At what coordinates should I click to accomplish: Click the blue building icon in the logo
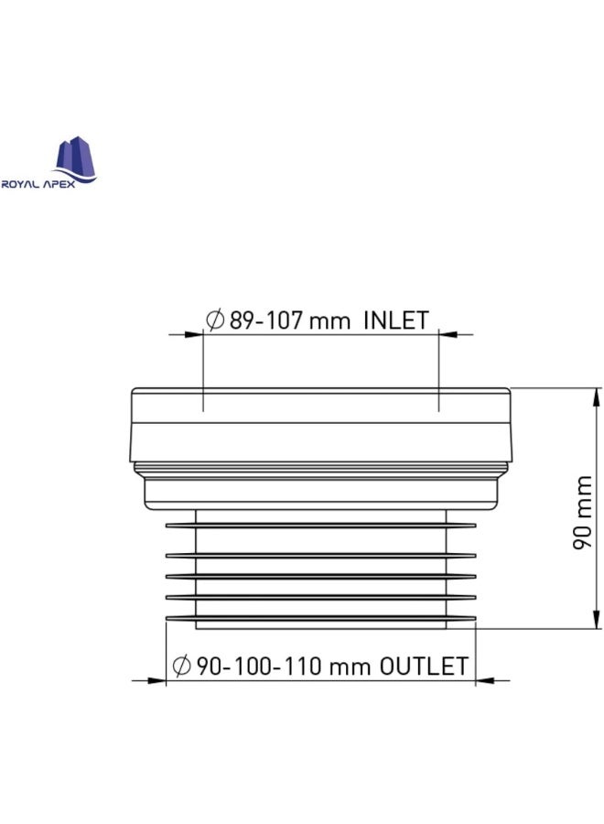click(x=76, y=158)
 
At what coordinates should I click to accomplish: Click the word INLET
click(x=395, y=321)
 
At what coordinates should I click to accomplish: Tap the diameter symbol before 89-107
click(x=215, y=321)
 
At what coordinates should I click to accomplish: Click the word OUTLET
click(x=424, y=666)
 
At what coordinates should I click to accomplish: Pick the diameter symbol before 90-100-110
click(x=180, y=666)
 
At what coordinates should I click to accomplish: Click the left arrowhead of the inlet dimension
click(x=193, y=336)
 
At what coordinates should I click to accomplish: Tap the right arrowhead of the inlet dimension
click(x=448, y=336)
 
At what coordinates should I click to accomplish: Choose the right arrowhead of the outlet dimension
click(x=485, y=680)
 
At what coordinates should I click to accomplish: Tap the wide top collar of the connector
click(x=320, y=424)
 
